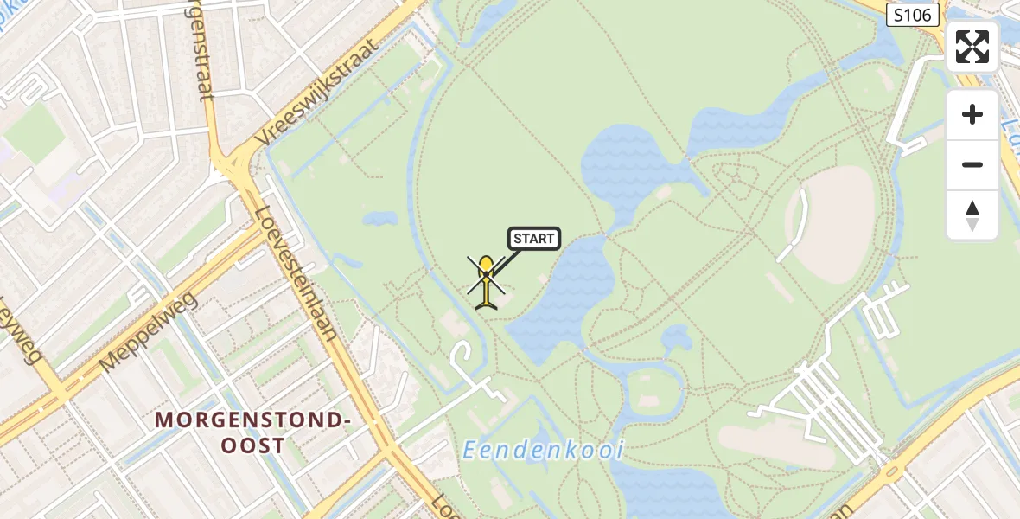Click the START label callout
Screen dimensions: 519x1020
pos(534,239)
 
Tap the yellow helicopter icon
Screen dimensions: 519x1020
pos(487,281)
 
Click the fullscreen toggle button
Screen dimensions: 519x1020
pos(972,47)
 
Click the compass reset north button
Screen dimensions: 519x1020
pos(972,215)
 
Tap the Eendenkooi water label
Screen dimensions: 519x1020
pos(543,451)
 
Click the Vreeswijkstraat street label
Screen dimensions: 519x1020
pos(319,96)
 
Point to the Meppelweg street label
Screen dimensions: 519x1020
pos(149,332)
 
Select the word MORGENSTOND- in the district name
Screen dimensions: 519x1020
pos(253,420)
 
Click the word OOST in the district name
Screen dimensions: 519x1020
pos(253,446)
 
